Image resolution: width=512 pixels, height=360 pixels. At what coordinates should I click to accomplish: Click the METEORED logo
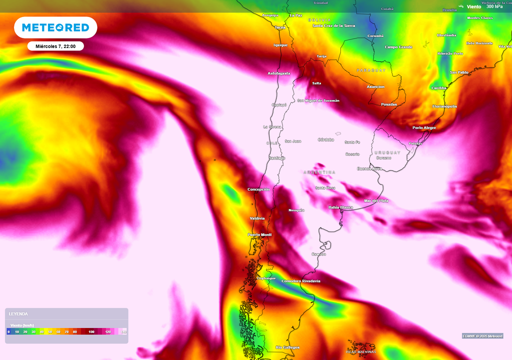(x=55, y=27)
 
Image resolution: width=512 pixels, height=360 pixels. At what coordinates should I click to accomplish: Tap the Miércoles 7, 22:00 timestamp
(x=55, y=46)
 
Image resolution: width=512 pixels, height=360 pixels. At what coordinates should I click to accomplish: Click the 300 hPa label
(x=494, y=6)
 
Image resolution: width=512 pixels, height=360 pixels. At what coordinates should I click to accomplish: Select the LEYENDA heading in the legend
(x=18, y=314)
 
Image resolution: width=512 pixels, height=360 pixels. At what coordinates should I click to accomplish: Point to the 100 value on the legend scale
(x=91, y=331)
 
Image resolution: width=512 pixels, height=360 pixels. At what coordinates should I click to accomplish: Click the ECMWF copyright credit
(x=482, y=335)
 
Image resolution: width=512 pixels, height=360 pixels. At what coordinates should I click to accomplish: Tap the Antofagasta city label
(x=279, y=73)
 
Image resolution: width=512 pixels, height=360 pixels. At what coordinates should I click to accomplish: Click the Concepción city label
(x=258, y=189)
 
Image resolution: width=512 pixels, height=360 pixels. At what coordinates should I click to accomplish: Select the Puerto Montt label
(x=259, y=234)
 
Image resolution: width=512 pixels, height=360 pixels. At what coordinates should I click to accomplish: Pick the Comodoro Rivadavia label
(x=301, y=281)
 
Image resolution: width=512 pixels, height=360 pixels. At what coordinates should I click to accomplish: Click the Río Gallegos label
(x=287, y=347)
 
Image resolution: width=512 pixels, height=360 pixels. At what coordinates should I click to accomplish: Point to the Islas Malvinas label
(x=361, y=351)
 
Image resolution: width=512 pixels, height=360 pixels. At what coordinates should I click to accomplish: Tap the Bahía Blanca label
(x=340, y=207)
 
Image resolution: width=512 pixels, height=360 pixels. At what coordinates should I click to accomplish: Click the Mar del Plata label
(x=376, y=200)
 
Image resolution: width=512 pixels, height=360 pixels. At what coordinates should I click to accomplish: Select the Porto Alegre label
(x=424, y=127)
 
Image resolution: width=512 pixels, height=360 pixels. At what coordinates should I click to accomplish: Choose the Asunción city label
(x=375, y=86)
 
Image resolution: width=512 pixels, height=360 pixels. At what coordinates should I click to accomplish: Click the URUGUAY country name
(x=387, y=152)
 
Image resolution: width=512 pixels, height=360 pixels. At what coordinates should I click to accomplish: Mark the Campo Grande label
(x=398, y=47)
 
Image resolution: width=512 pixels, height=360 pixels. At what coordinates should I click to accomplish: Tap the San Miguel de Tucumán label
(x=318, y=100)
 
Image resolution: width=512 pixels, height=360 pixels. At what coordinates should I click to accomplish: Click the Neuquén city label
(x=296, y=210)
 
